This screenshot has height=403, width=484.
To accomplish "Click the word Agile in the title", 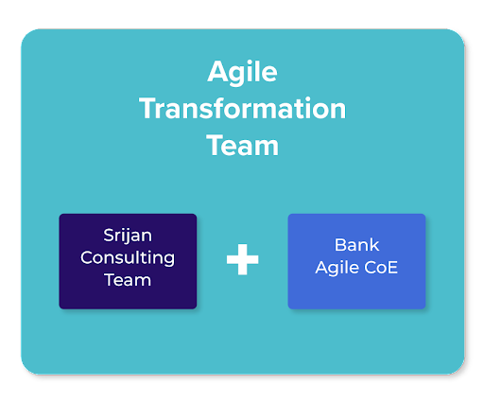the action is coord(242,73).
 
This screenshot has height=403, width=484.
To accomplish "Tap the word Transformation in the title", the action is coord(242,108).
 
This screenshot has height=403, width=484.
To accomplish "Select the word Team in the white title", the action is coord(242,145).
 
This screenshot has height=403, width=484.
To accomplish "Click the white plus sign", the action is coord(242,259).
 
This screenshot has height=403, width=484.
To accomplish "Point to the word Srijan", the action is coord(128,236).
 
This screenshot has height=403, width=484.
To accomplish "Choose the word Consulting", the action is coord(128,258).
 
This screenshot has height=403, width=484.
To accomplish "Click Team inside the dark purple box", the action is coord(128,280).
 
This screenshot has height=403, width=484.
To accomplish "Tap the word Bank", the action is coord(356,245).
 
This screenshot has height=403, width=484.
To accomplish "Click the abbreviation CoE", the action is coord(381,268).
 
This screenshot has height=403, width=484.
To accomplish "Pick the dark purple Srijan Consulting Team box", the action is coord(128,261).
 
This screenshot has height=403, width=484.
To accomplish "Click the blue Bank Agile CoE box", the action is coord(356,261).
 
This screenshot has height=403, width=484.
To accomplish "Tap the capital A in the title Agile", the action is coord(217,72).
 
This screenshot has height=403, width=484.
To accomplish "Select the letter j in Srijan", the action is coord(126,237).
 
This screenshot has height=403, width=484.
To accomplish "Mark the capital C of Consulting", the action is coord(88,257).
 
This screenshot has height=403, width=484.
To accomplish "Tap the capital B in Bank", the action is coord(340,245).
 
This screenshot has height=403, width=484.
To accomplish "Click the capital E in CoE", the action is coord(392,268).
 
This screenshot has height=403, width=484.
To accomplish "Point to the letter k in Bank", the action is coord(374,245).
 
